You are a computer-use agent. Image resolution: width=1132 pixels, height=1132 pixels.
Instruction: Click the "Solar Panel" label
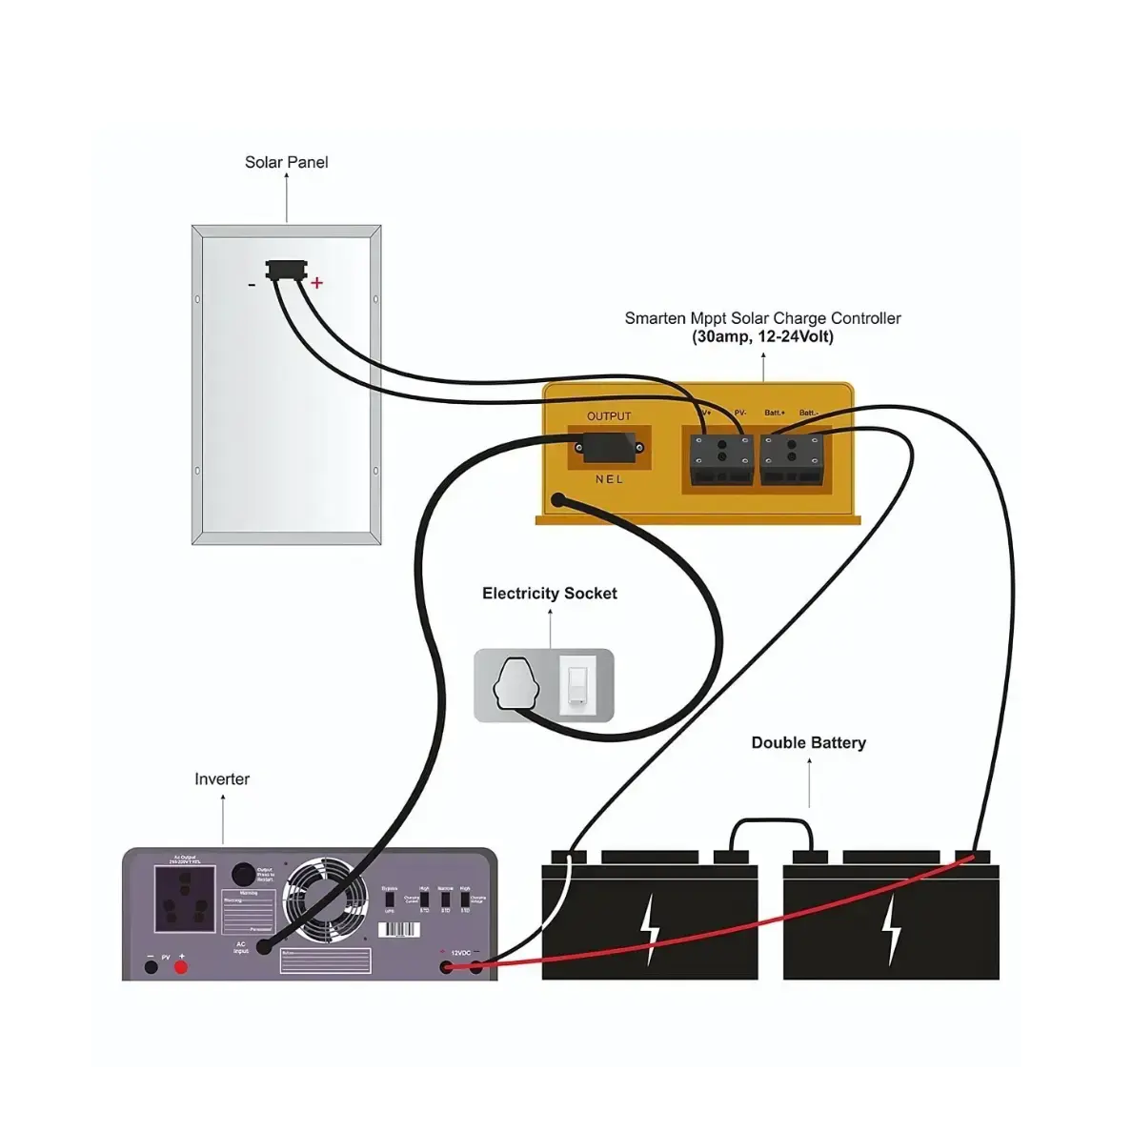(x=286, y=162)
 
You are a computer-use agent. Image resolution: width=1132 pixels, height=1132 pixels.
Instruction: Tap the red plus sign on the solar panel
(x=316, y=282)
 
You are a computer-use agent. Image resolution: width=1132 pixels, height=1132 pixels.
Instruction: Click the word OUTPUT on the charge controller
(x=609, y=416)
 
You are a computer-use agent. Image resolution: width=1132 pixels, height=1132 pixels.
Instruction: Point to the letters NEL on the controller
(x=609, y=479)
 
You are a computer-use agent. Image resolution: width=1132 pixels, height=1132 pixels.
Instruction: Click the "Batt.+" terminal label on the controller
(x=775, y=413)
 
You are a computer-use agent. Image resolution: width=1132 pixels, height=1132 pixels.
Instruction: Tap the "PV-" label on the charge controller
(x=740, y=413)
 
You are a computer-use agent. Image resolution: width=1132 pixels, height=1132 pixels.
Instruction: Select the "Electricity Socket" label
(x=549, y=594)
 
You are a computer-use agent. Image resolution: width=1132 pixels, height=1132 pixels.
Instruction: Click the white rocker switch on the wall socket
(x=577, y=683)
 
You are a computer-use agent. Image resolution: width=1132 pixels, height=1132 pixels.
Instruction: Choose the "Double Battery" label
(x=808, y=743)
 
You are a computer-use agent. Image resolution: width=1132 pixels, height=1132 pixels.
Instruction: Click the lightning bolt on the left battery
(x=650, y=929)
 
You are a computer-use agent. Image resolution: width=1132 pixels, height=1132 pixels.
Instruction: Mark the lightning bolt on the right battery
(x=891, y=929)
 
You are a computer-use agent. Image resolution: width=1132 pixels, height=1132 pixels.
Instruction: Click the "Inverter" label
(x=222, y=779)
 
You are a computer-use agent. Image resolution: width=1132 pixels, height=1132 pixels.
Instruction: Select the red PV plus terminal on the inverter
(x=181, y=968)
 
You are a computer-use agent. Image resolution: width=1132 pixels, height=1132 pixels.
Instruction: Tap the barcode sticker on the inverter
(x=398, y=929)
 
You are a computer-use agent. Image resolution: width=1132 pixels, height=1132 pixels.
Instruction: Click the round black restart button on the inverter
(x=243, y=874)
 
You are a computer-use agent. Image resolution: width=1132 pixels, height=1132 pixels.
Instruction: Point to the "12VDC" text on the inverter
(x=461, y=953)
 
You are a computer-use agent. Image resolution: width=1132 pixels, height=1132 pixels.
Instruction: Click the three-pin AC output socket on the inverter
(x=185, y=900)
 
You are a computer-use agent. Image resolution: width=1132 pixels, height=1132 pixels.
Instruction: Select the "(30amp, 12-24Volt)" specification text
(x=762, y=337)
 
